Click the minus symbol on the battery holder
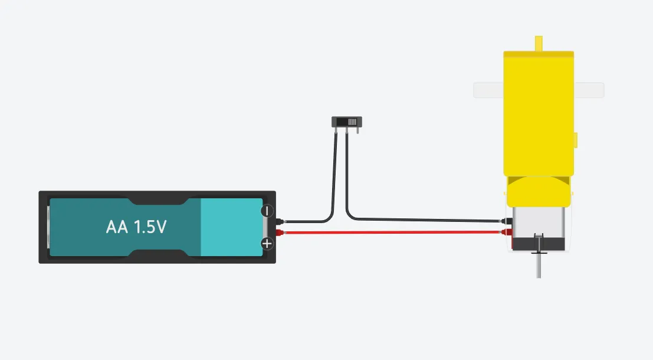click(267, 211)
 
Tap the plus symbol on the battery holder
click(267, 243)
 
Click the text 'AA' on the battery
click(117, 227)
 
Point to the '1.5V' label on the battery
click(150, 227)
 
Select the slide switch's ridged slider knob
click(352, 122)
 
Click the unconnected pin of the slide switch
click(357, 130)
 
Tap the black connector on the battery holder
click(280, 222)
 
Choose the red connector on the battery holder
click(280, 233)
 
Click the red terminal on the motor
click(507, 232)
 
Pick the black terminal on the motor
click(507, 221)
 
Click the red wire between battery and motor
click(392, 233)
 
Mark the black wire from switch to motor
click(416, 220)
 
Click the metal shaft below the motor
click(539, 264)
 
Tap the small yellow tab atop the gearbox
click(539, 43)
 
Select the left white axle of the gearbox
click(488, 90)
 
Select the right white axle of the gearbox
click(589, 90)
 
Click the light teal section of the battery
click(232, 227)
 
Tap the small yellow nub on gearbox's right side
click(576, 140)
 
